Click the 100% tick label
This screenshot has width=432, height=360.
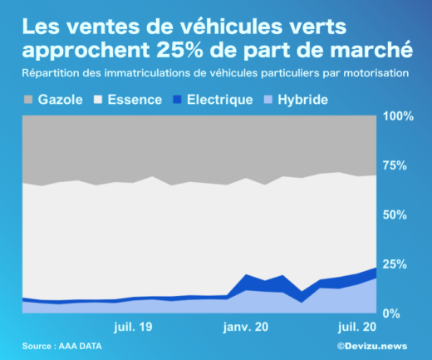(399, 116)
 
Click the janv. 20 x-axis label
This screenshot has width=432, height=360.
(247, 327)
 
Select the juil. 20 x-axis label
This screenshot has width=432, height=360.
(357, 327)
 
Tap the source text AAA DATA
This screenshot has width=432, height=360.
(85, 346)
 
